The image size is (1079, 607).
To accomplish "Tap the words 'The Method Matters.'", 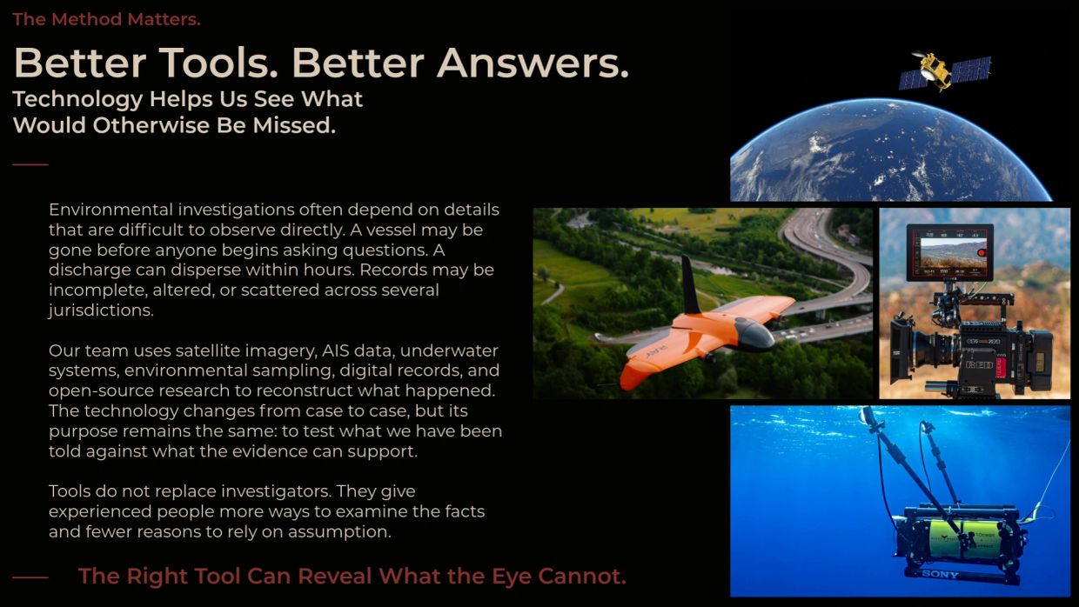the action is pyautogui.click(x=106, y=19).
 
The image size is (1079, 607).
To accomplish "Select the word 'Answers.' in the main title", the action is pyautogui.click(x=533, y=63).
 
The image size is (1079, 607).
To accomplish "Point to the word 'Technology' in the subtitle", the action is pyautogui.click(x=77, y=100).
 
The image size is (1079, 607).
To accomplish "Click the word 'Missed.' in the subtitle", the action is pyautogui.click(x=294, y=125).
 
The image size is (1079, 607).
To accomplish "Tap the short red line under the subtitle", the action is pyautogui.click(x=30, y=164).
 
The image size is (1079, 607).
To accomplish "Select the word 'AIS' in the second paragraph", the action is pyautogui.click(x=335, y=350).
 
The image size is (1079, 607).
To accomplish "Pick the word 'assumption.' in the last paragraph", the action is pyautogui.click(x=339, y=532).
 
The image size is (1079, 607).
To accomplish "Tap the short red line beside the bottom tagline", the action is pyautogui.click(x=30, y=577).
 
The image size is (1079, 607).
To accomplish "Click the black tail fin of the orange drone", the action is pyautogui.click(x=690, y=285).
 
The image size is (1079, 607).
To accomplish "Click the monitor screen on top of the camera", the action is pyautogui.click(x=949, y=252).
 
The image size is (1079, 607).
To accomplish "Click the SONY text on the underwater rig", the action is pyautogui.click(x=940, y=574).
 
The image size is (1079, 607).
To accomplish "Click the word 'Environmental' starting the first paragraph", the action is pyautogui.click(x=111, y=210).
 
